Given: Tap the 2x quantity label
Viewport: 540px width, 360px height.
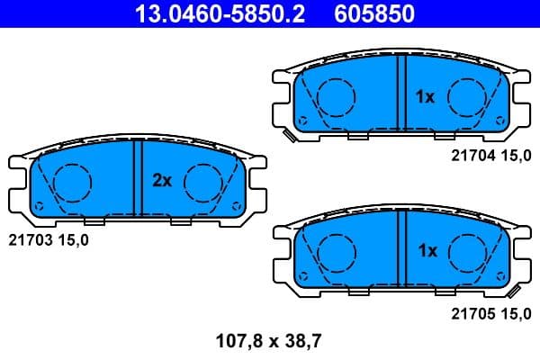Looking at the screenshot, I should pyautogui.click(x=161, y=181).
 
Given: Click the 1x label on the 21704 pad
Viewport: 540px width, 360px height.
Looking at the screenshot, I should pyautogui.click(x=424, y=95).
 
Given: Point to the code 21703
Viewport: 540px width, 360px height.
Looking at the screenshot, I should pyautogui.click(x=30, y=239).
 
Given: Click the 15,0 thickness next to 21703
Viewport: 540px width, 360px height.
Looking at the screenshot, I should pyautogui.click(x=74, y=239).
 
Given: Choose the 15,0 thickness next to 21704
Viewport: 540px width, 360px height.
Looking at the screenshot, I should pyautogui.click(x=517, y=155).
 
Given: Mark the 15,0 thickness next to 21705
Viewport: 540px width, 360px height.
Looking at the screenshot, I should pyautogui.click(x=517, y=314).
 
